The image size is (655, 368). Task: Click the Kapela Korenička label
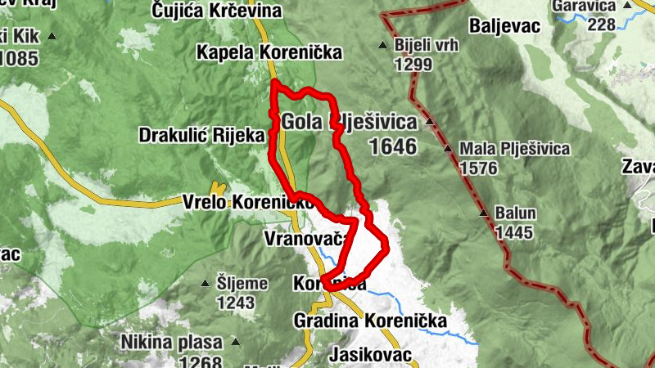coord(269,53)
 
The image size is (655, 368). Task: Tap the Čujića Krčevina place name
coord(217,11)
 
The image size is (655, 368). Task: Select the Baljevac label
coord(505,26)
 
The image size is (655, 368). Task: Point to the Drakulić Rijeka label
coord(201,134)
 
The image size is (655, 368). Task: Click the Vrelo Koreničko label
coord(237,200)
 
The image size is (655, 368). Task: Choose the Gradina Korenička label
coord(370,321)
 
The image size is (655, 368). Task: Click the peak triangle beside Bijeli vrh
coord(382,45)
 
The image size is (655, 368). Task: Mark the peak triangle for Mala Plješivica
coord(448,149)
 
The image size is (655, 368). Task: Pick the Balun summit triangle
coord(483,213)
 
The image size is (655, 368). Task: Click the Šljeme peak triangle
coord(206,284)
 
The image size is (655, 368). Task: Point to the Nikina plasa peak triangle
coord(235,341)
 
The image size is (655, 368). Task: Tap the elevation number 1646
coord(393,146)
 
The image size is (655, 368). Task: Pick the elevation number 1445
coord(513,232)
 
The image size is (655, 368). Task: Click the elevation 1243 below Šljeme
coord(237,303)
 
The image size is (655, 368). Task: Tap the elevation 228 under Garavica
coord(601,25)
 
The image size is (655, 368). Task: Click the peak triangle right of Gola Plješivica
coord(429,124)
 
